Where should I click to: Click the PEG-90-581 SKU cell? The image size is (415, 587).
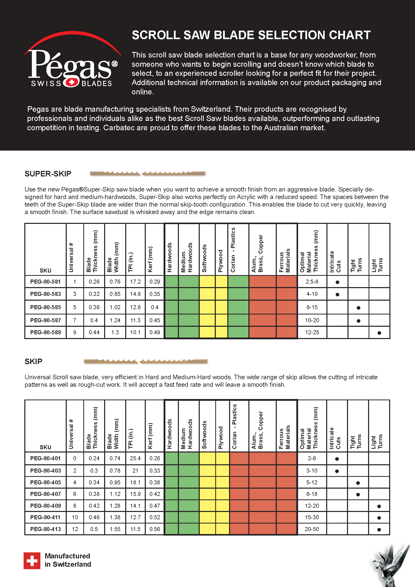tap(45, 282)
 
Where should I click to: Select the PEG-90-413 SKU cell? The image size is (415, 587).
tap(45, 529)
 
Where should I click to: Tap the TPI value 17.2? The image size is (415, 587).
tap(135, 282)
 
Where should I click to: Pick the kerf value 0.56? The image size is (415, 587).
tap(155, 529)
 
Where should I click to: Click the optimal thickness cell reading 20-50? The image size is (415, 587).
tap(312, 529)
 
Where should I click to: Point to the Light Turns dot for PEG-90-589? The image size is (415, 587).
tap(379, 333)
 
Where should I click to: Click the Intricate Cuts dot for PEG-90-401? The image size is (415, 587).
tap(337, 459)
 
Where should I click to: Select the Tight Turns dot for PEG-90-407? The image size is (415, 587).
tap(358, 494)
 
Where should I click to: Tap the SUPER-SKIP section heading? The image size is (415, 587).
tap(48, 174)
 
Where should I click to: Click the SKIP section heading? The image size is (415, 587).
tap(33, 361)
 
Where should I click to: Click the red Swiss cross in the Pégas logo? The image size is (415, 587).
tap(72, 82)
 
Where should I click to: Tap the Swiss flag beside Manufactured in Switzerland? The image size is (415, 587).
tap(32, 561)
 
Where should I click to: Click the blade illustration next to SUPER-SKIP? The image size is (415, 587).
tap(148, 174)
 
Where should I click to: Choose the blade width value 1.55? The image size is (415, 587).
tap(115, 529)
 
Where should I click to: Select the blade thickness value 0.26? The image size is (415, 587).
tap(94, 282)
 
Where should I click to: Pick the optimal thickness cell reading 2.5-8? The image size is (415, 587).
tap(312, 282)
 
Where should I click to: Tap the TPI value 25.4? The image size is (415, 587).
tap(135, 458)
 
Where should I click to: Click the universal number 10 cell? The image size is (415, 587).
tap(75, 517)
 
